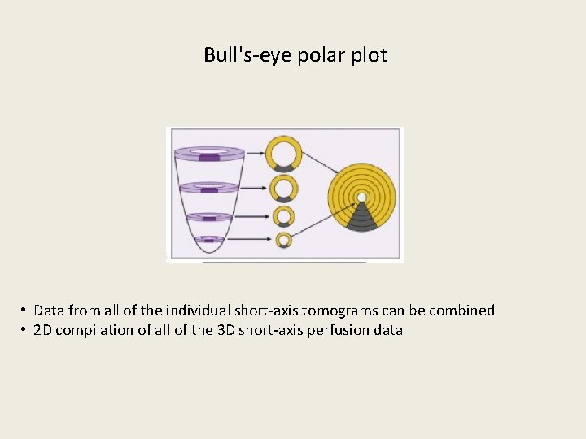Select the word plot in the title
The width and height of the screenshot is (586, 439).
367,55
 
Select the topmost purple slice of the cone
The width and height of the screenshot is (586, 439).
209,152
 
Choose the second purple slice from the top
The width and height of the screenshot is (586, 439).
209,187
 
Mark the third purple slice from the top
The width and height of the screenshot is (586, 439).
209,217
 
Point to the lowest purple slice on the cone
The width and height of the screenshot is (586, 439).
209,239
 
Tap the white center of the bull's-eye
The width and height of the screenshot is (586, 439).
361,198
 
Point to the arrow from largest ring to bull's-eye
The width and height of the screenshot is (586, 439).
321,160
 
